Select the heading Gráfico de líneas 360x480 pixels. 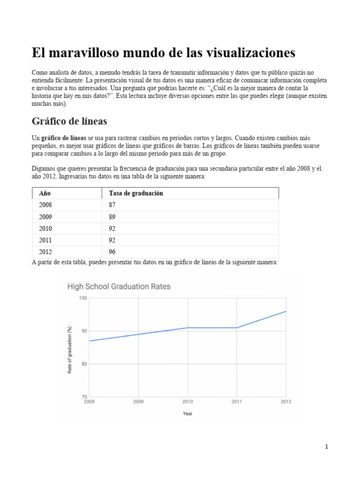(69, 121)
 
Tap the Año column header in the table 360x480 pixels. (45, 193)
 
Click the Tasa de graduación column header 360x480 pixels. (136, 193)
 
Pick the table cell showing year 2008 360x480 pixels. (45, 205)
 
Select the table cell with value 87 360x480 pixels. (112, 205)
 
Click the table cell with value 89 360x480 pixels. (112, 217)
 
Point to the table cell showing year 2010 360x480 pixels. (45, 229)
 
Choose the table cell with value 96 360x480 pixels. (112, 252)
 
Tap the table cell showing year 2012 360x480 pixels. (45, 252)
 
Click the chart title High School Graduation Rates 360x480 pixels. (119, 286)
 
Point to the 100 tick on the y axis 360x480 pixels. (83, 298)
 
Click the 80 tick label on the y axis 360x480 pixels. (84, 364)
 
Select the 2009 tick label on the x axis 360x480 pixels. (138, 402)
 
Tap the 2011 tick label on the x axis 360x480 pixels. (237, 402)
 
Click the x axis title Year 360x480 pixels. (187, 413)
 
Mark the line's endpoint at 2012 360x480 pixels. (286, 311)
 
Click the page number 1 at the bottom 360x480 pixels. (326, 447)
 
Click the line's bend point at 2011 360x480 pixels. (237, 328)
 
